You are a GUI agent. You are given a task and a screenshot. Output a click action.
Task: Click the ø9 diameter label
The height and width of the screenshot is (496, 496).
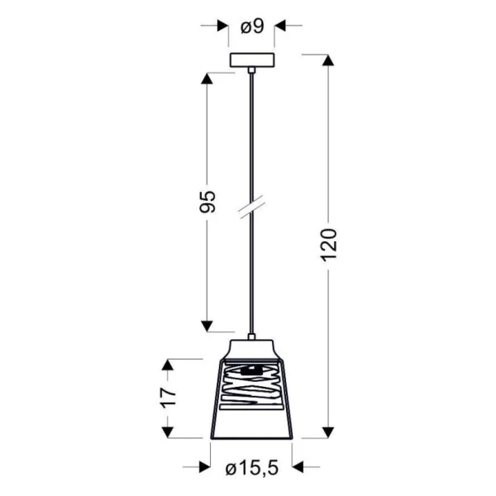coord(252,26)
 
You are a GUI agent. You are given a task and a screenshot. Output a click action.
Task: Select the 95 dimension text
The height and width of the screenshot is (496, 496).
coord(207,202)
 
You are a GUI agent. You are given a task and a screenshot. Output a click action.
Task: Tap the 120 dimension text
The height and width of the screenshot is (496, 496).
coord(329,245)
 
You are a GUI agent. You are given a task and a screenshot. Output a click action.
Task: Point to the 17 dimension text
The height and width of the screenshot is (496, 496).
coord(168,397)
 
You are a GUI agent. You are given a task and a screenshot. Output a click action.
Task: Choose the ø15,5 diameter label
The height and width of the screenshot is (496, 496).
coord(252,468)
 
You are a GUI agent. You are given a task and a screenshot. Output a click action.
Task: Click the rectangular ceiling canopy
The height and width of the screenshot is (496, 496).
coord(252,60)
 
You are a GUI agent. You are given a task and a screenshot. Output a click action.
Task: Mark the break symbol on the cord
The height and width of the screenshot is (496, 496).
coord(252,207)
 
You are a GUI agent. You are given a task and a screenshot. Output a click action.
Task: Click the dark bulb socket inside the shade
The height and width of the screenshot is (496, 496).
coord(251,370)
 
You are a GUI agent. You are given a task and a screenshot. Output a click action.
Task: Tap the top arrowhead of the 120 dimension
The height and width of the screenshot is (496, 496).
coord(328,60)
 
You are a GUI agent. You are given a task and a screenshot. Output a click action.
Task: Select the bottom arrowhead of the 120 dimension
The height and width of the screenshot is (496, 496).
coord(328,432)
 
